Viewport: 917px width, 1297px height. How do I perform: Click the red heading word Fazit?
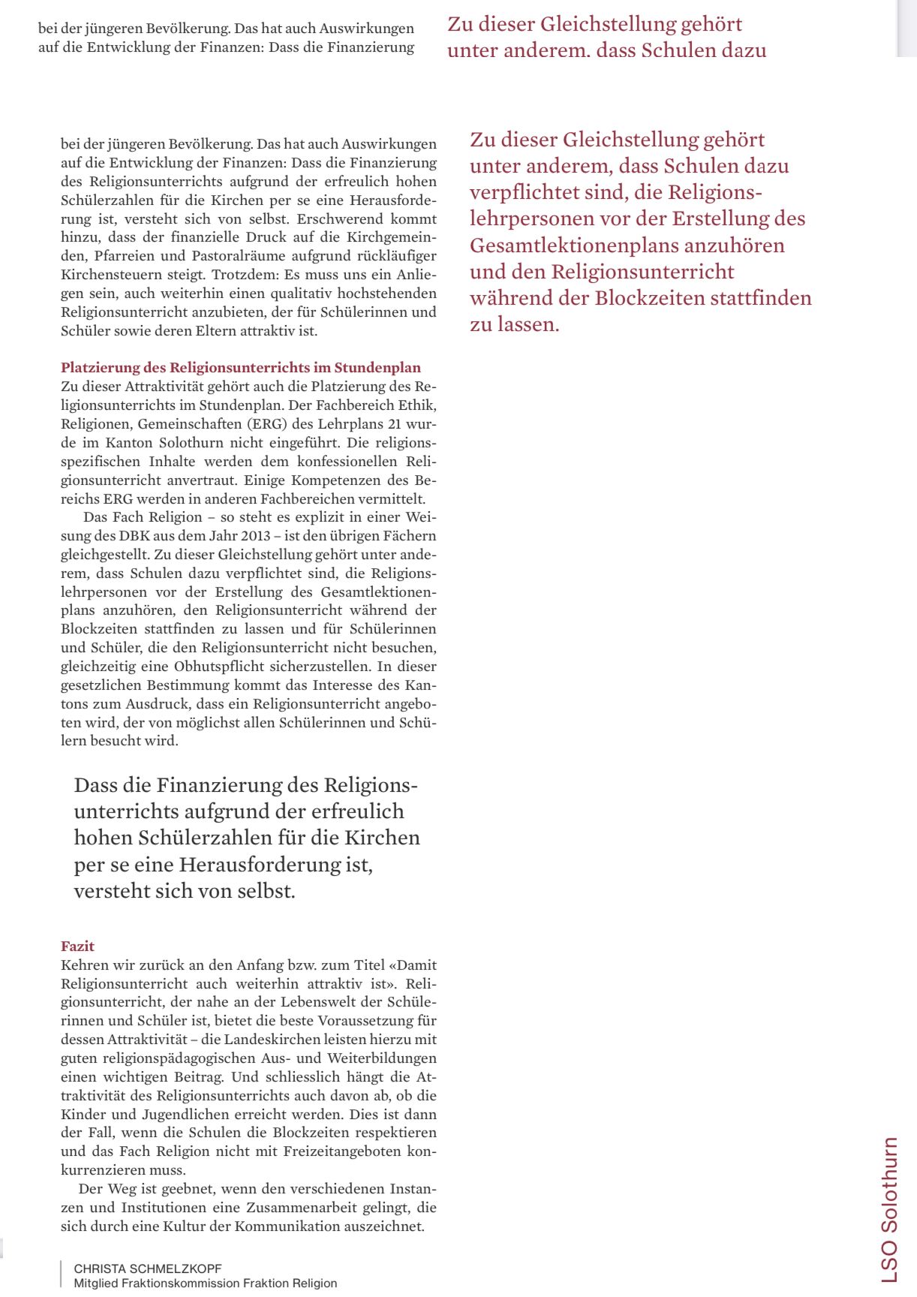coord(77,946)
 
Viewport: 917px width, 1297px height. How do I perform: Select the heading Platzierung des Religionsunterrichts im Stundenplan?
coord(241,368)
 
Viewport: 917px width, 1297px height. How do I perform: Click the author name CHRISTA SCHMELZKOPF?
coord(147,1268)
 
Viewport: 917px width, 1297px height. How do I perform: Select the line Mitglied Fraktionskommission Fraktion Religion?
coord(205,1283)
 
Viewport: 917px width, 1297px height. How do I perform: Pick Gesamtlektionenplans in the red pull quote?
coord(576,245)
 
